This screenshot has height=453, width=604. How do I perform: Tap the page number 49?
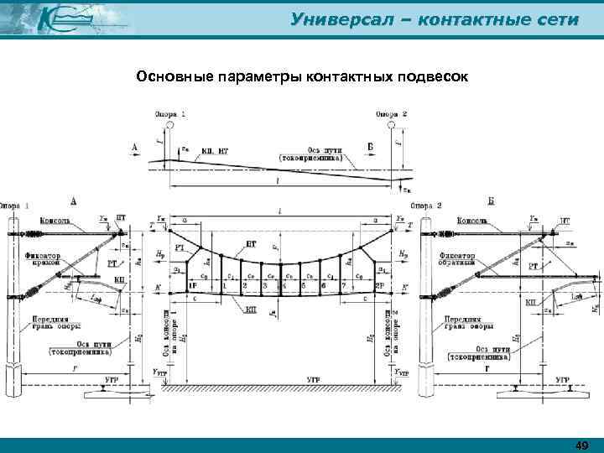(581, 445)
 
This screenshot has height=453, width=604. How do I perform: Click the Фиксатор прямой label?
(49, 259)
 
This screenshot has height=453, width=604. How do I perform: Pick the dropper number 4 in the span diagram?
(280, 285)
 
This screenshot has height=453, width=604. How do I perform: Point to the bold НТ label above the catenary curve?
(252, 243)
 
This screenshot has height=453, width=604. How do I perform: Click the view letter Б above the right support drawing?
(491, 201)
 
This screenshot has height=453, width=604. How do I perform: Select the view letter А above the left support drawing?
(74, 201)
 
